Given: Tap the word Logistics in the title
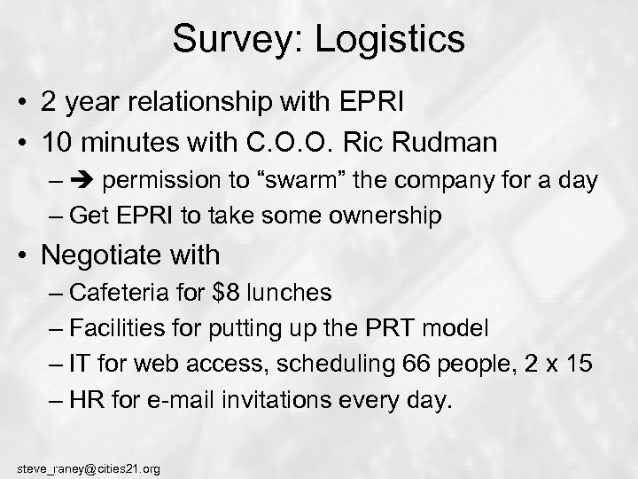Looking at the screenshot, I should point(391,39).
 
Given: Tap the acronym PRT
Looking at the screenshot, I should point(393,329).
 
